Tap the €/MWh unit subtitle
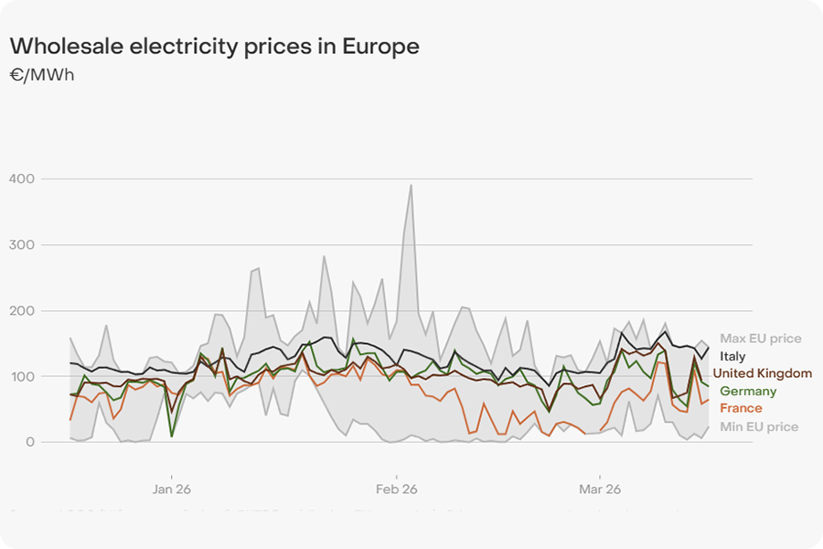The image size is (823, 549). pyautogui.click(x=41, y=75)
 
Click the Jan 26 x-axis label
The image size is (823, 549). pyautogui.click(x=172, y=490)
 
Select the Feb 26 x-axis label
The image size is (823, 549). pyautogui.click(x=396, y=490)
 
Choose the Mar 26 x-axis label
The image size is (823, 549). pyautogui.click(x=600, y=490)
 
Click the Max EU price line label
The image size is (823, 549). pyautogui.click(x=760, y=339)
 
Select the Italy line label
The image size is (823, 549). pyautogui.click(x=732, y=356)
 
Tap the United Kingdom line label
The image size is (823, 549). pyautogui.click(x=762, y=373)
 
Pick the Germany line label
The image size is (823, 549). pyautogui.click(x=747, y=392)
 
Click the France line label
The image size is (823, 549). pyautogui.click(x=741, y=408)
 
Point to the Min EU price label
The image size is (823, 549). pyautogui.click(x=758, y=426)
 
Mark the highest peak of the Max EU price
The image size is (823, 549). pyautogui.click(x=411, y=185)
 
